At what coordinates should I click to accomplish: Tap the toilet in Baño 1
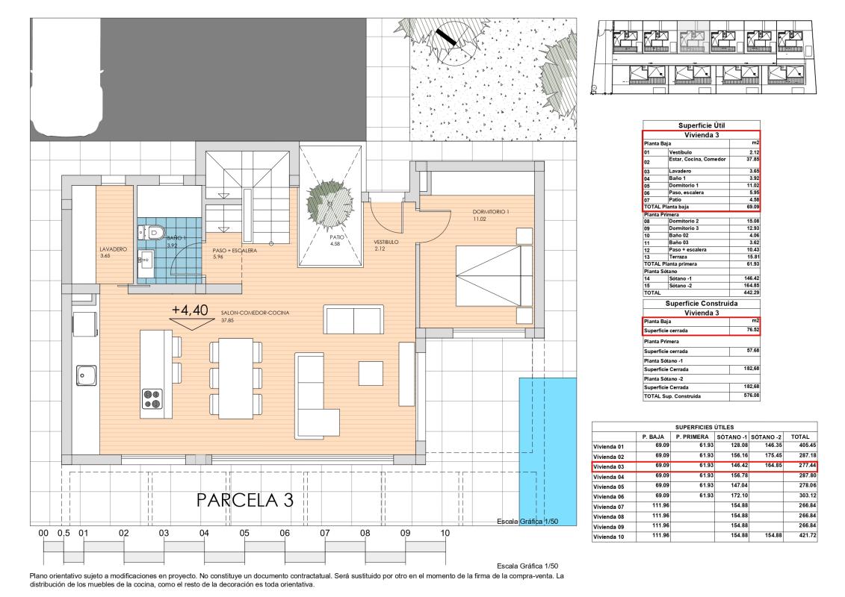coord(153,233)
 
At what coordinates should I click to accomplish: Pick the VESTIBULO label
coord(386,243)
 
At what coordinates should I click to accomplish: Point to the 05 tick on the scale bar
coord(244,534)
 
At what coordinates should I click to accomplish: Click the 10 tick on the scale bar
coord(445,534)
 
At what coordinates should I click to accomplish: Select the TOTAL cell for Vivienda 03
coord(804,466)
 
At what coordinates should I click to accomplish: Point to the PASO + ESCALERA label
coord(234,251)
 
